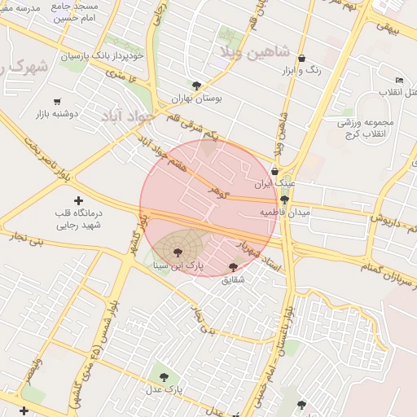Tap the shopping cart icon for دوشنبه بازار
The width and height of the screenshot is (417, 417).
(57, 102)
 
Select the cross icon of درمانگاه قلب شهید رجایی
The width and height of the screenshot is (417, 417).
(78, 200)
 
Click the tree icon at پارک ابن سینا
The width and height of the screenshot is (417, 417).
(178, 253)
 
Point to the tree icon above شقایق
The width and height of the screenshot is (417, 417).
(234, 266)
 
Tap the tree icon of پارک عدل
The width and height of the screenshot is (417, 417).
(165, 377)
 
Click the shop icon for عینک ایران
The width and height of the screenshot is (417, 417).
(274, 171)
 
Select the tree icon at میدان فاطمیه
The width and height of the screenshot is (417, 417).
(284, 200)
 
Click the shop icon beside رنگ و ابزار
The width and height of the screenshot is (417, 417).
(302, 58)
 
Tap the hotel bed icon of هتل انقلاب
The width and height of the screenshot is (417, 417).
(398, 79)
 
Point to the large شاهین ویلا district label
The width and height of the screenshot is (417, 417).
(255, 50)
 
